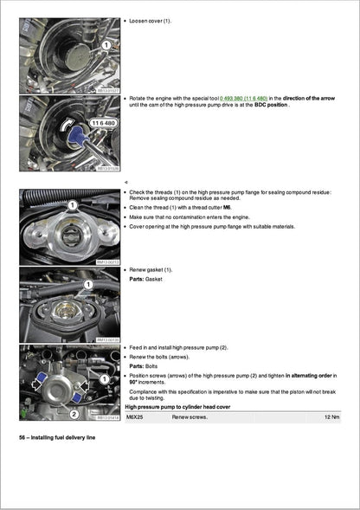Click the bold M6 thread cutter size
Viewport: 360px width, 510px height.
pos(227,208)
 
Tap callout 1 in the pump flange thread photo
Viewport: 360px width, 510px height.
pos(73,204)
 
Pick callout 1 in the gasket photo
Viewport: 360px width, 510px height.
pos(87,283)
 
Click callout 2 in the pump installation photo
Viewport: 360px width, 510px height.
pos(74,414)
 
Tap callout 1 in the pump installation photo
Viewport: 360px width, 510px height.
pos(103,378)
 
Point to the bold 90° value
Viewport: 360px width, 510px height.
pos(134,382)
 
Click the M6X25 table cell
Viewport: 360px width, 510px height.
pos(138,417)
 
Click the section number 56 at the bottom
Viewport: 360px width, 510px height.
pos(23,438)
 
